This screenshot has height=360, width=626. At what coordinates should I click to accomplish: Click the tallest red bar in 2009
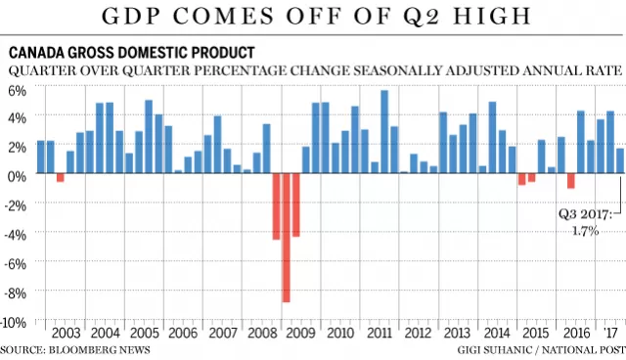tap(286, 238)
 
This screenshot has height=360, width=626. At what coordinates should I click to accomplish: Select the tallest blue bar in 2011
tap(384, 132)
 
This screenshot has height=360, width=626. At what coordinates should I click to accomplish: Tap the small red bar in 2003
tap(61, 178)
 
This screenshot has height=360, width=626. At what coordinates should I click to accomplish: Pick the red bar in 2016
tap(571, 180)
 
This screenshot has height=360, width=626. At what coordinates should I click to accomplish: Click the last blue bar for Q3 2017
tap(620, 160)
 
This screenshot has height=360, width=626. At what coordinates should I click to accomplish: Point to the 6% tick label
tap(17, 91)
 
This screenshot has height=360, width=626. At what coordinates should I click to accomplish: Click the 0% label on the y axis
tap(17, 176)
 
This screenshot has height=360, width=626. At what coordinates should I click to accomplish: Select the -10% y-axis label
tap(16, 323)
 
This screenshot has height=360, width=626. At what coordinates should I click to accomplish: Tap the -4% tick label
tap(16, 235)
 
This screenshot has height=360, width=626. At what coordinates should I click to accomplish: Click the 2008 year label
tap(262, 333)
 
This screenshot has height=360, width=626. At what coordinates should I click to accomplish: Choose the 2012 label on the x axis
tap(419, 333)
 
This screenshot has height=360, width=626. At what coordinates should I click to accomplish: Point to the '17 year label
tap(610, 333)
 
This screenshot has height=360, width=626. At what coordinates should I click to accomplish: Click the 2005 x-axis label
tap(145, 333)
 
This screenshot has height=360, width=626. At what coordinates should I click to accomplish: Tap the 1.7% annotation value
tap(585, 231)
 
